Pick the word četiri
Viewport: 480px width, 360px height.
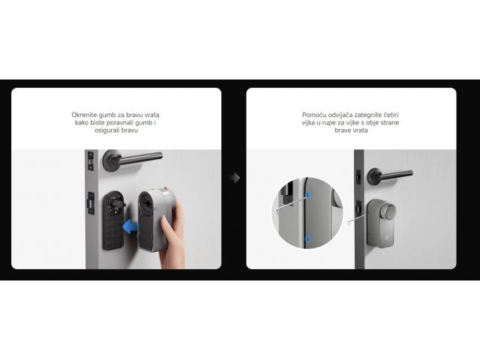coord(391,115)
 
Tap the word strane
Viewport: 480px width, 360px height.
coord(390,123)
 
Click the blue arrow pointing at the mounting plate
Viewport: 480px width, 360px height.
coord(130,226)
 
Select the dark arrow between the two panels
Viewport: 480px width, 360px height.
coord(235,178)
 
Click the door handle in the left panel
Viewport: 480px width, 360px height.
coord(132,159)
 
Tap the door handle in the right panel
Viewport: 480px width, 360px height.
coord(390,175)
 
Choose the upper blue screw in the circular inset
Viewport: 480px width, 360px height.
coord(308,195)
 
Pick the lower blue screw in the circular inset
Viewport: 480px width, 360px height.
coord(308,238)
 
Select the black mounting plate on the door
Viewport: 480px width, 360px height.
coord(113,220)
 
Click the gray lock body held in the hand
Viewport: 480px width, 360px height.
coord(153,220)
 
